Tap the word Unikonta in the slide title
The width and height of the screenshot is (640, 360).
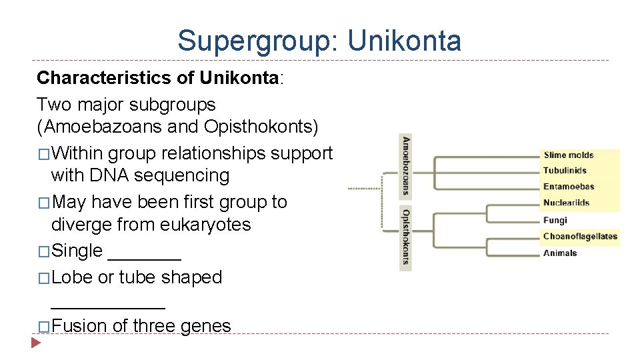404,41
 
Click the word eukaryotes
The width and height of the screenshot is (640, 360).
205,224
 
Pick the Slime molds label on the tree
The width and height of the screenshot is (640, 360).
568,155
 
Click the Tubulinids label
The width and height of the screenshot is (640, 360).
565,171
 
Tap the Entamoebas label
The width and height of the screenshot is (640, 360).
569,187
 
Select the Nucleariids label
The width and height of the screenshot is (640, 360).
566,203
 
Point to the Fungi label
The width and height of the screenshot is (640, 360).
555,220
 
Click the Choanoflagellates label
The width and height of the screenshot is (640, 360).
580,236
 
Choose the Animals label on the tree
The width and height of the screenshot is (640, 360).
560,253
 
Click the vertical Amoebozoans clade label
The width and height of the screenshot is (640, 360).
405,166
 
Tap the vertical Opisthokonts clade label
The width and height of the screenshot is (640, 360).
405,237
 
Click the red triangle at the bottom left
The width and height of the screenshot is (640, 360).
37,344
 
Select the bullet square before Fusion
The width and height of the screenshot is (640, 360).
43,327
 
